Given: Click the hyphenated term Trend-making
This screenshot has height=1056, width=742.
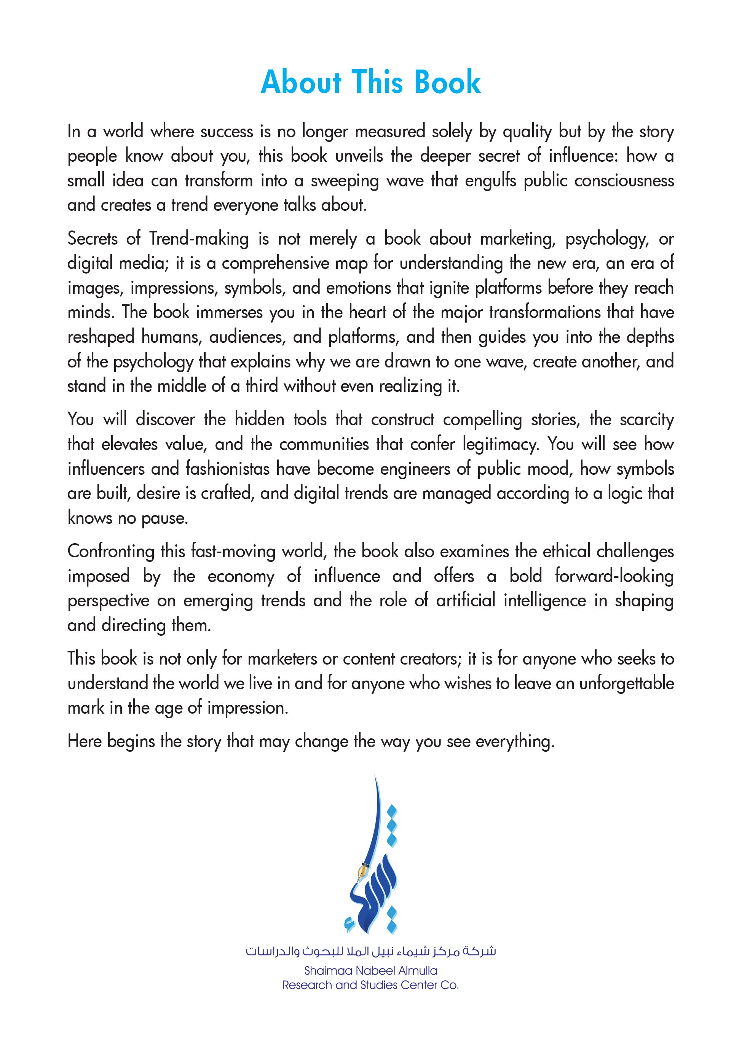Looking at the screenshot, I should coord(199,239).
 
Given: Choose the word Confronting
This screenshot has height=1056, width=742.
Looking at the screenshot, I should coord(110,552).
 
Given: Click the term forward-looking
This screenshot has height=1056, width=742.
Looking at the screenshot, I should coord(614,576).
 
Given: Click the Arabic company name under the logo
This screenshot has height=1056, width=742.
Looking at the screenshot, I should coord(370,951).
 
